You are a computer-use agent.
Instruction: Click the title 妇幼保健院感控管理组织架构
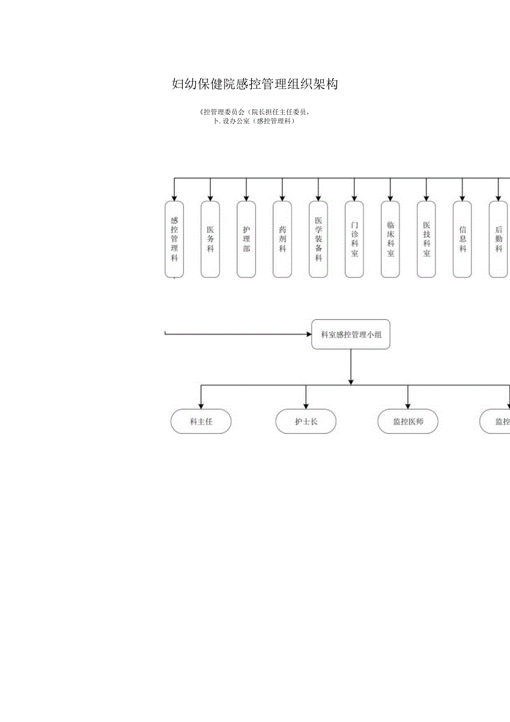point(255,84)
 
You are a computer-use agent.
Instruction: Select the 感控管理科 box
point(174,239)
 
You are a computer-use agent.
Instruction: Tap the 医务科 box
point(210,239)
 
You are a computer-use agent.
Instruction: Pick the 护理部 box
point(246,239)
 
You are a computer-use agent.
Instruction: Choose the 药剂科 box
point(282,239)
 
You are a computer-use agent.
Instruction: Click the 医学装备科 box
point(318,239)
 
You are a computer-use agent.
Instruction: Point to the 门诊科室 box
point(354,239)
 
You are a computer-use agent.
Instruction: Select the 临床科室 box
point(390,239)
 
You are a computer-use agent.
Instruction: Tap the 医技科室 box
point(426,239)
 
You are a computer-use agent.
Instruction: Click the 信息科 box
point(462,239)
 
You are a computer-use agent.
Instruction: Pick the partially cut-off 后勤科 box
point(498,239)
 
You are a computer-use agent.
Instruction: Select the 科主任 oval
point(201,422)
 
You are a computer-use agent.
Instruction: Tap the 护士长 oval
point(306,422)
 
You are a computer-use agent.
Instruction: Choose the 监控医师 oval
point(408,422)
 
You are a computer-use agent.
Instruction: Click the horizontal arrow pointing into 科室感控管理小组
point(238,334)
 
